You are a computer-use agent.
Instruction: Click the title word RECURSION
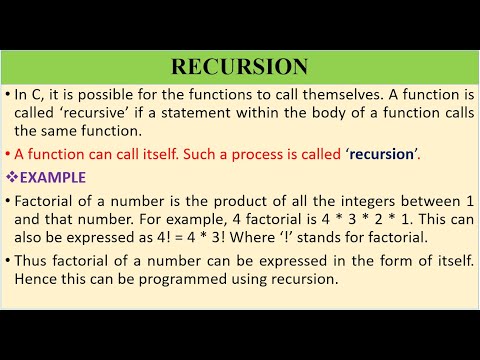pos(239,67)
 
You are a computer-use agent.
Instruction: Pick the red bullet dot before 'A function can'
pos(8,154)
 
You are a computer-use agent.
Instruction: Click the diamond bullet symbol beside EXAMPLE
pos(12,177)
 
